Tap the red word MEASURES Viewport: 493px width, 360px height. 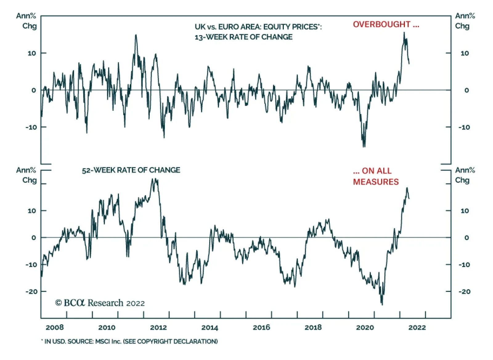376,182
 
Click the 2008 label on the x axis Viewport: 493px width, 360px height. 55,327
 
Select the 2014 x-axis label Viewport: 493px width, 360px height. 210,327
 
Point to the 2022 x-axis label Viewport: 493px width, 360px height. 417,327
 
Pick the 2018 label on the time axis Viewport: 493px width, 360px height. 313,327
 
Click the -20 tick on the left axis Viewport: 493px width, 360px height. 32,292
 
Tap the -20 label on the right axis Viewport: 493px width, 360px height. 464,292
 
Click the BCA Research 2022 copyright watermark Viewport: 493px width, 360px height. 100,303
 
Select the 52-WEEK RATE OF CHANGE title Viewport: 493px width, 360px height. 131,170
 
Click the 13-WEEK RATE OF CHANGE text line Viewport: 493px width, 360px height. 243,37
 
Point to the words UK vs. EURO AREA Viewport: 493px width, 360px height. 228,27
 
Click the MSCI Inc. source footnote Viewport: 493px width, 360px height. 129,341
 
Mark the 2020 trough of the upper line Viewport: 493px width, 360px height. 364,147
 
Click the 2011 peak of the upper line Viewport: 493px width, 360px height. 136,35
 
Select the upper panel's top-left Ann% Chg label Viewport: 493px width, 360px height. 26,21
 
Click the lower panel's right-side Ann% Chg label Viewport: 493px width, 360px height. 465,175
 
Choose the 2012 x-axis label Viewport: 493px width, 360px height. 158,327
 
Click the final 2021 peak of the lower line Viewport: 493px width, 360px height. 407,188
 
